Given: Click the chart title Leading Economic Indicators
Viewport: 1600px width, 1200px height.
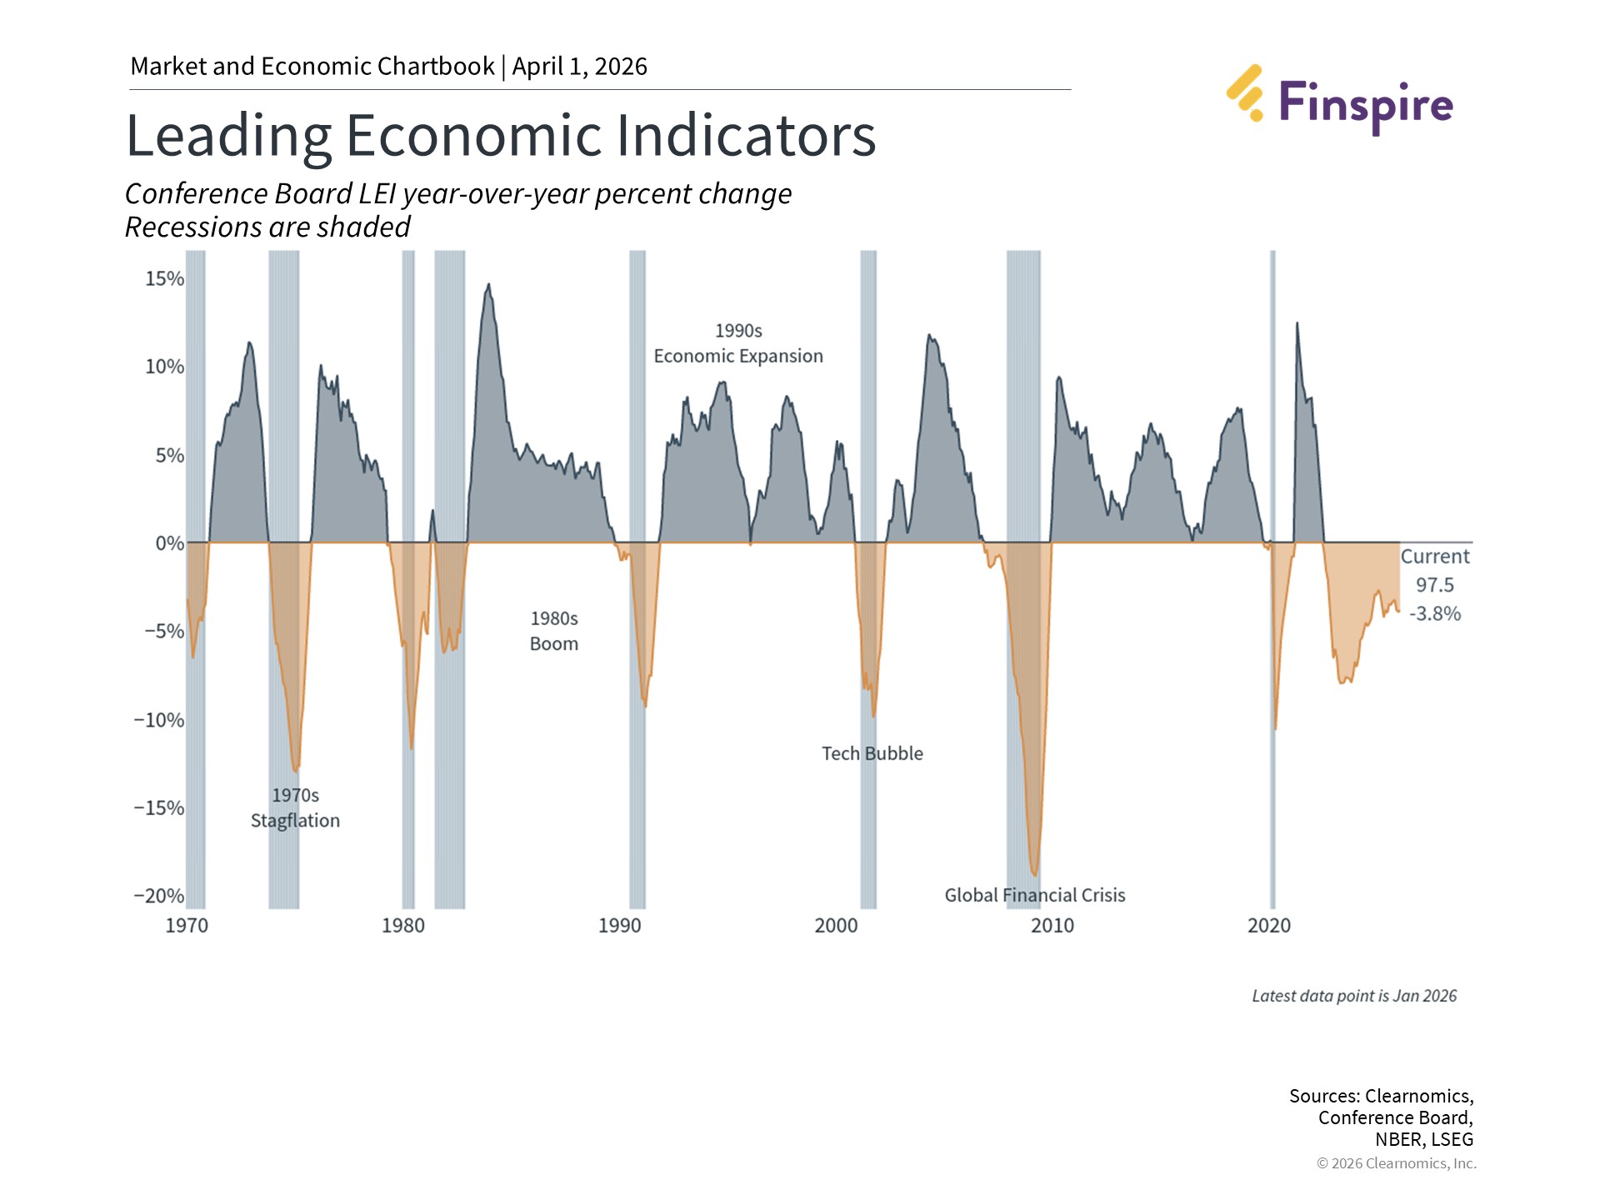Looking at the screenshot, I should point(500,135).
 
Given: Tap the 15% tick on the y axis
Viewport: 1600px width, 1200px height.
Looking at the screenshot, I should point(164,279).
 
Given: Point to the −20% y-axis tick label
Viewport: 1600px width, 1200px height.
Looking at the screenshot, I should point(158,896).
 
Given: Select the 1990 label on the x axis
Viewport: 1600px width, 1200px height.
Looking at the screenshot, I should point(619,926).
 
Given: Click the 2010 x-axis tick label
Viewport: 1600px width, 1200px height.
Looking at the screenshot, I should point(1052,926).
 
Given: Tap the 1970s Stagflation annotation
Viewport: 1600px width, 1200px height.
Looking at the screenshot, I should point(295,807).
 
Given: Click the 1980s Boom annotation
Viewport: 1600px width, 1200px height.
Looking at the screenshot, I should point(554,631).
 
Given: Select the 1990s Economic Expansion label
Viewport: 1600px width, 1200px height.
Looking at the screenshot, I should point(737,343).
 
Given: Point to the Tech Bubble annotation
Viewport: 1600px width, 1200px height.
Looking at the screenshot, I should point(872,753).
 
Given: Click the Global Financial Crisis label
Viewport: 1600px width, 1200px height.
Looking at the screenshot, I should point(1034,895).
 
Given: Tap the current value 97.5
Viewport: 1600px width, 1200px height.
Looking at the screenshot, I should point(1434,585).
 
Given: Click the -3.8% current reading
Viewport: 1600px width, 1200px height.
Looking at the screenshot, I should point(1434,614).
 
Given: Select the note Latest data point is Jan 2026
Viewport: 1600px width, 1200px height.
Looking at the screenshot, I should point(1353,996).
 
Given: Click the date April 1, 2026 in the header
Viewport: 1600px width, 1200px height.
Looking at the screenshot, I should point(579,67).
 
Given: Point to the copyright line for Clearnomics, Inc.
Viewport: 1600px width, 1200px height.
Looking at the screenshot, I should point(1396,1163).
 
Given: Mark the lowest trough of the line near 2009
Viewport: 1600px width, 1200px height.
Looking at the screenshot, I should point(1034,875).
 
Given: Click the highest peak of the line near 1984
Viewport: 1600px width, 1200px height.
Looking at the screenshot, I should point(488,285).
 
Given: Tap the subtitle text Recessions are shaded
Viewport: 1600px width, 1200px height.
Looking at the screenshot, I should point(267,227).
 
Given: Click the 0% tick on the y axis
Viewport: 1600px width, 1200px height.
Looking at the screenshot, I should point(169,543).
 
